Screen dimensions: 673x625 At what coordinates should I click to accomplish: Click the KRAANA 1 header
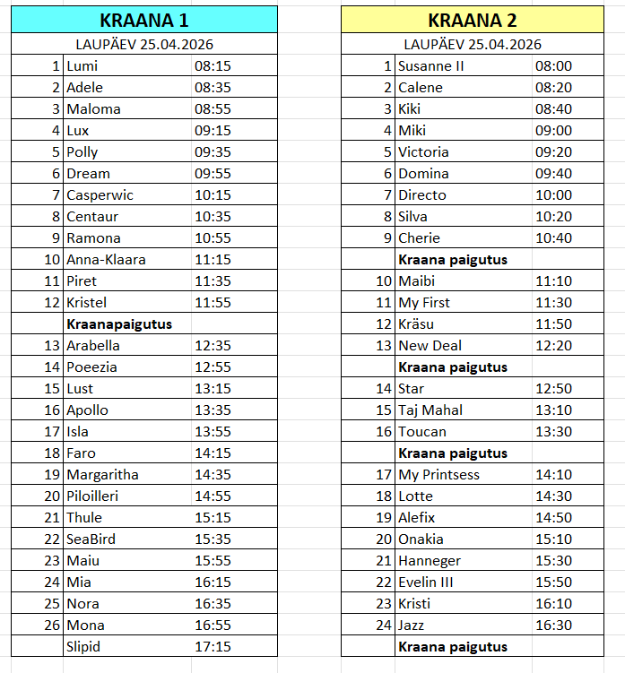tap(143, 20)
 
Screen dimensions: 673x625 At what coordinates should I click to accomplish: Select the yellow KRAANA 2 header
tap(472, 20)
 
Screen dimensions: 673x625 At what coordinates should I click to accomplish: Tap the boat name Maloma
tap(93, 109)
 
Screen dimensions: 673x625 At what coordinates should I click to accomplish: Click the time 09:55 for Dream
tap(213, 174)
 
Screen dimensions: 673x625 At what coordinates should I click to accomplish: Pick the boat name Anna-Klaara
tap(106, 260)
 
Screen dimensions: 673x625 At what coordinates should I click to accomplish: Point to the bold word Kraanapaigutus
tap(119, 324)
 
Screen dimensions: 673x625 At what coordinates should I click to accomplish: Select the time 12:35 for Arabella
tap(213, 346)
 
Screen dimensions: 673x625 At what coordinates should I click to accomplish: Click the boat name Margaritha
tap(102, 475)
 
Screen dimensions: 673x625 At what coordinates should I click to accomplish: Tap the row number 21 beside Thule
tap(51, 518)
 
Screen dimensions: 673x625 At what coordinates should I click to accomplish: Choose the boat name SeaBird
tap(91, 539)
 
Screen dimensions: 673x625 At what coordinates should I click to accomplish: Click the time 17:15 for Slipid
tap(213, 647)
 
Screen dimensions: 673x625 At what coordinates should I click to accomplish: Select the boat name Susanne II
tap(431, 66)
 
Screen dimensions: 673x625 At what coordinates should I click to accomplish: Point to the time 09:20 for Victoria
tap(553, 152)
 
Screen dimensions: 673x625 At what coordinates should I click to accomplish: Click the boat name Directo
tap(422, 195)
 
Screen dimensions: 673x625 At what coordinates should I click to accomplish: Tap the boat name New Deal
tap(430, 346)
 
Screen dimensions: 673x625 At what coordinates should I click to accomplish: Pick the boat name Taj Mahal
tap(430, 410)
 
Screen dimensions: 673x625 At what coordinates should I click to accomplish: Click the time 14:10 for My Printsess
tap(553, 475)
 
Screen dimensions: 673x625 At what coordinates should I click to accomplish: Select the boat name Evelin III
tap(426, 582)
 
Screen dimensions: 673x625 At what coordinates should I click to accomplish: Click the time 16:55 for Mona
tap(213, 626)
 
